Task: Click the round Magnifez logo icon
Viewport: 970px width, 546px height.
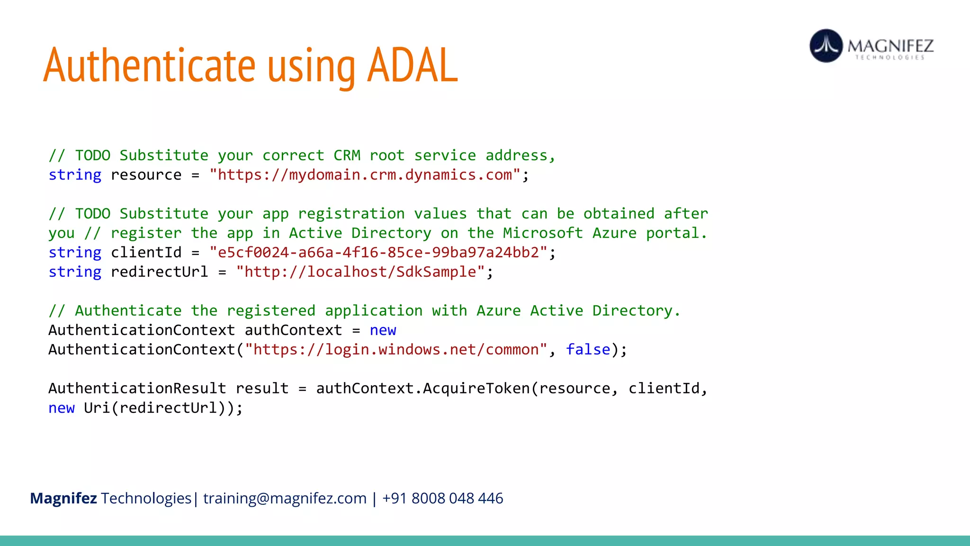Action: (x=826, y=46)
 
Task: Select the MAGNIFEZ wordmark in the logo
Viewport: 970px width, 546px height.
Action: (x=890, y=46)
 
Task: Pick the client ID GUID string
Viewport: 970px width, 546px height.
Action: (x=378, y=253)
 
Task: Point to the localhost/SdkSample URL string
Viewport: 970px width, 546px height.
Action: (x=365, y=272)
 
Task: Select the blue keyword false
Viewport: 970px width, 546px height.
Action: (x=588, y=350)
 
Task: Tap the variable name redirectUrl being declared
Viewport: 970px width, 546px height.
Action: (x=159, y=272)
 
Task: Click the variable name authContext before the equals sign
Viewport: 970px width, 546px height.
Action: (x=293, y=330)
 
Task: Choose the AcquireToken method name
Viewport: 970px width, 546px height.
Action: (x=476, y=389)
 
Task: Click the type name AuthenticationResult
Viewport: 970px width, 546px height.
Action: (x=137, y=389)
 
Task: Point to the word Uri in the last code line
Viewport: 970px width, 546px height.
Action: (x=97, y=408)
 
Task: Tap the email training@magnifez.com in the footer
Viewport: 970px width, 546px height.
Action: (x=285, y=499)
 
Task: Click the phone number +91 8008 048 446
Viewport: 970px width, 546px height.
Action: (x=442, y=499)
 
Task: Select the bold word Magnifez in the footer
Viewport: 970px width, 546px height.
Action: (x=63, y=499)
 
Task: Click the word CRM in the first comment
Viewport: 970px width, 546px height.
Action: (x=347, y=155)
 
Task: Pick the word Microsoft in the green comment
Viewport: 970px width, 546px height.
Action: (x=543, y=233)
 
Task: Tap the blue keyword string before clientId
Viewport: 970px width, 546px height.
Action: (x=75, y=253)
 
